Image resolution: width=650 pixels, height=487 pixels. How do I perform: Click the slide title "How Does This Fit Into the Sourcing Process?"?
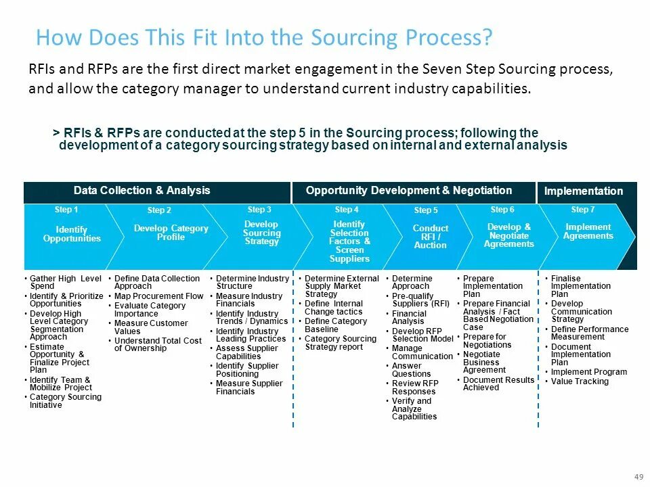pos(263,37)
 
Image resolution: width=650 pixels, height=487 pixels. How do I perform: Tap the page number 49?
pos(638,478)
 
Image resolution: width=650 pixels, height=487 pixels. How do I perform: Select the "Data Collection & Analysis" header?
pos(142,191)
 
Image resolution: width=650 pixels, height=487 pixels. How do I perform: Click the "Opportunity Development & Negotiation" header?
pos(409,191)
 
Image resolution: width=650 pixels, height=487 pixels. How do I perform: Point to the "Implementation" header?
pos(584,191)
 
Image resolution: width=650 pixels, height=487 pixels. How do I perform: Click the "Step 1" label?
pos(66,210)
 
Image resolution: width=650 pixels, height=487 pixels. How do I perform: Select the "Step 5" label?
pos(426,210)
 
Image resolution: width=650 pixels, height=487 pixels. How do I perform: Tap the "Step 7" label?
pos(583,210)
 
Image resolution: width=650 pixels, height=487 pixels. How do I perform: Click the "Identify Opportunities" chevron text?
pos(72,234)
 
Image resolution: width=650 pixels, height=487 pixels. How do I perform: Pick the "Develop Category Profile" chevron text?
pos(171,233)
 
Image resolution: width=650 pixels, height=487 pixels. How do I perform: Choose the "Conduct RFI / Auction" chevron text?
pos(431,237)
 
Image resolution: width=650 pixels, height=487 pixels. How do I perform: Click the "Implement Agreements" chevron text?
pos(589,231)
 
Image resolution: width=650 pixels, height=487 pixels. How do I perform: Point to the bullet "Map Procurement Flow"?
pos(158,296)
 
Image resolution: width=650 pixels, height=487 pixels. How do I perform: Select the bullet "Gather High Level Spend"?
pos(66,282)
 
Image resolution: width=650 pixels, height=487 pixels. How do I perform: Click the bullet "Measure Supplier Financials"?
pos(248,388)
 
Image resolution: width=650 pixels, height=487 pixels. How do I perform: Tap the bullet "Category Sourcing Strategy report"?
pos(340,343)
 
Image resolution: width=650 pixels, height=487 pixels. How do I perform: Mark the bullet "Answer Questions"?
pos(411,370)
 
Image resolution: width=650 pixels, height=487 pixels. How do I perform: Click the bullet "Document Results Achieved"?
pos(498,384)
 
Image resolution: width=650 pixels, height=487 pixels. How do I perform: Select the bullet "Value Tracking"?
pos(580,381)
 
